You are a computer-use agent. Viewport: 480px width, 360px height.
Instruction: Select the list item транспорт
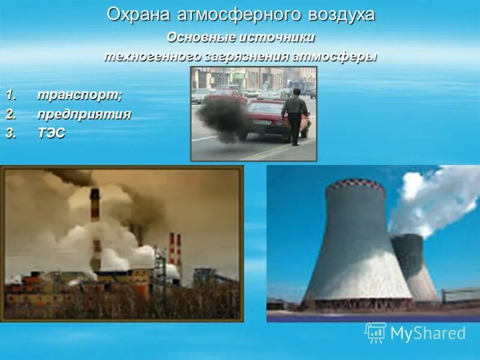(x=79, y=95)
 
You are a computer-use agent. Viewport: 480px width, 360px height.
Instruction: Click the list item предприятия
(x=84, y=114)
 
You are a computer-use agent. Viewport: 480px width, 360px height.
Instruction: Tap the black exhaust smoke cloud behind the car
(x=222, y=118)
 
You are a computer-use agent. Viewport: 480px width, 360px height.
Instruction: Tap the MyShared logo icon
(x=376, y=332)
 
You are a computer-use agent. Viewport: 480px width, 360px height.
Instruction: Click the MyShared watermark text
(x=428, y=334)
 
